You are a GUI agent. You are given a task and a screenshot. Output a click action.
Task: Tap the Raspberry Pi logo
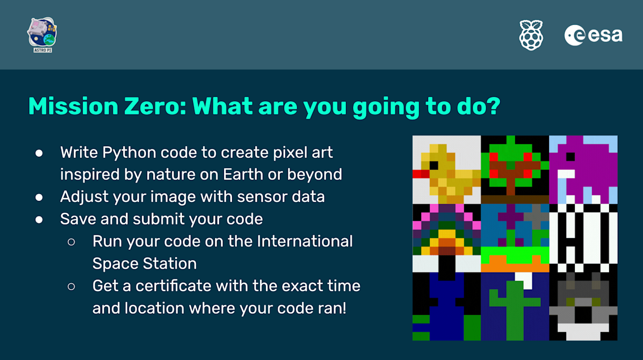tap(531, 35)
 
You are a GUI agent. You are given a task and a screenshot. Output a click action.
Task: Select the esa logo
tap(593, 35)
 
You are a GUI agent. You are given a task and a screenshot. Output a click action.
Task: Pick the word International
tap(305, 241)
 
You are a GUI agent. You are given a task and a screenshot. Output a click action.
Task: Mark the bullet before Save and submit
tap(39, 219)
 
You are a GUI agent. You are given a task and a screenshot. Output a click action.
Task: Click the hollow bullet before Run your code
tap(71, 242)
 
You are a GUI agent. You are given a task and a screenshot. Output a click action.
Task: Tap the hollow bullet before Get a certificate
tap(71, 286)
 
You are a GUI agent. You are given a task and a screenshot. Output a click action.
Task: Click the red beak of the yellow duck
tap(420, 174)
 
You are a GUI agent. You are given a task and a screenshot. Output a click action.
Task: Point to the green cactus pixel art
tap(515, 306)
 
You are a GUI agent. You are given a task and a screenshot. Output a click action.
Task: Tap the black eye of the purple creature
tap(570, 156)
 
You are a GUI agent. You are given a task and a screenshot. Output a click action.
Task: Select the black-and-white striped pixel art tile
tap(583, 237)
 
